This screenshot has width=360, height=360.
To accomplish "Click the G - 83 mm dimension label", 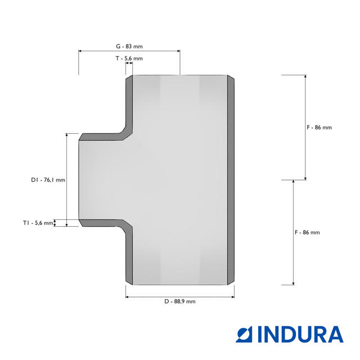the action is click(x=129, y=46).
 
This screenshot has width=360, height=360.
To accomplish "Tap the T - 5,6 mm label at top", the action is click(x=129, y=58).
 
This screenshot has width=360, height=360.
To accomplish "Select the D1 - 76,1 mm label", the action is click(x=48, y=180).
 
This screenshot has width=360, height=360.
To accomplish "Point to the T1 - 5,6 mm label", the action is click(x=38, y=223).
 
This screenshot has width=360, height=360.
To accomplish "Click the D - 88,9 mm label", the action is click(x=180, y=301).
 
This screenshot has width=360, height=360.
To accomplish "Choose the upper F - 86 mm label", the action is click(x=319, y=128).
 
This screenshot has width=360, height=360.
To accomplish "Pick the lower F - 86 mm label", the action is click(x=307, y=232).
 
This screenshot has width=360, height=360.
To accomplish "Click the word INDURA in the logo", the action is click(x=301, y=334).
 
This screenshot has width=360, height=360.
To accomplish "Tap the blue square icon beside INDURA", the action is click(x=244, y=334).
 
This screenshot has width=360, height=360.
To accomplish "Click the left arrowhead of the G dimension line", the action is click(x=80, y=51).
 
